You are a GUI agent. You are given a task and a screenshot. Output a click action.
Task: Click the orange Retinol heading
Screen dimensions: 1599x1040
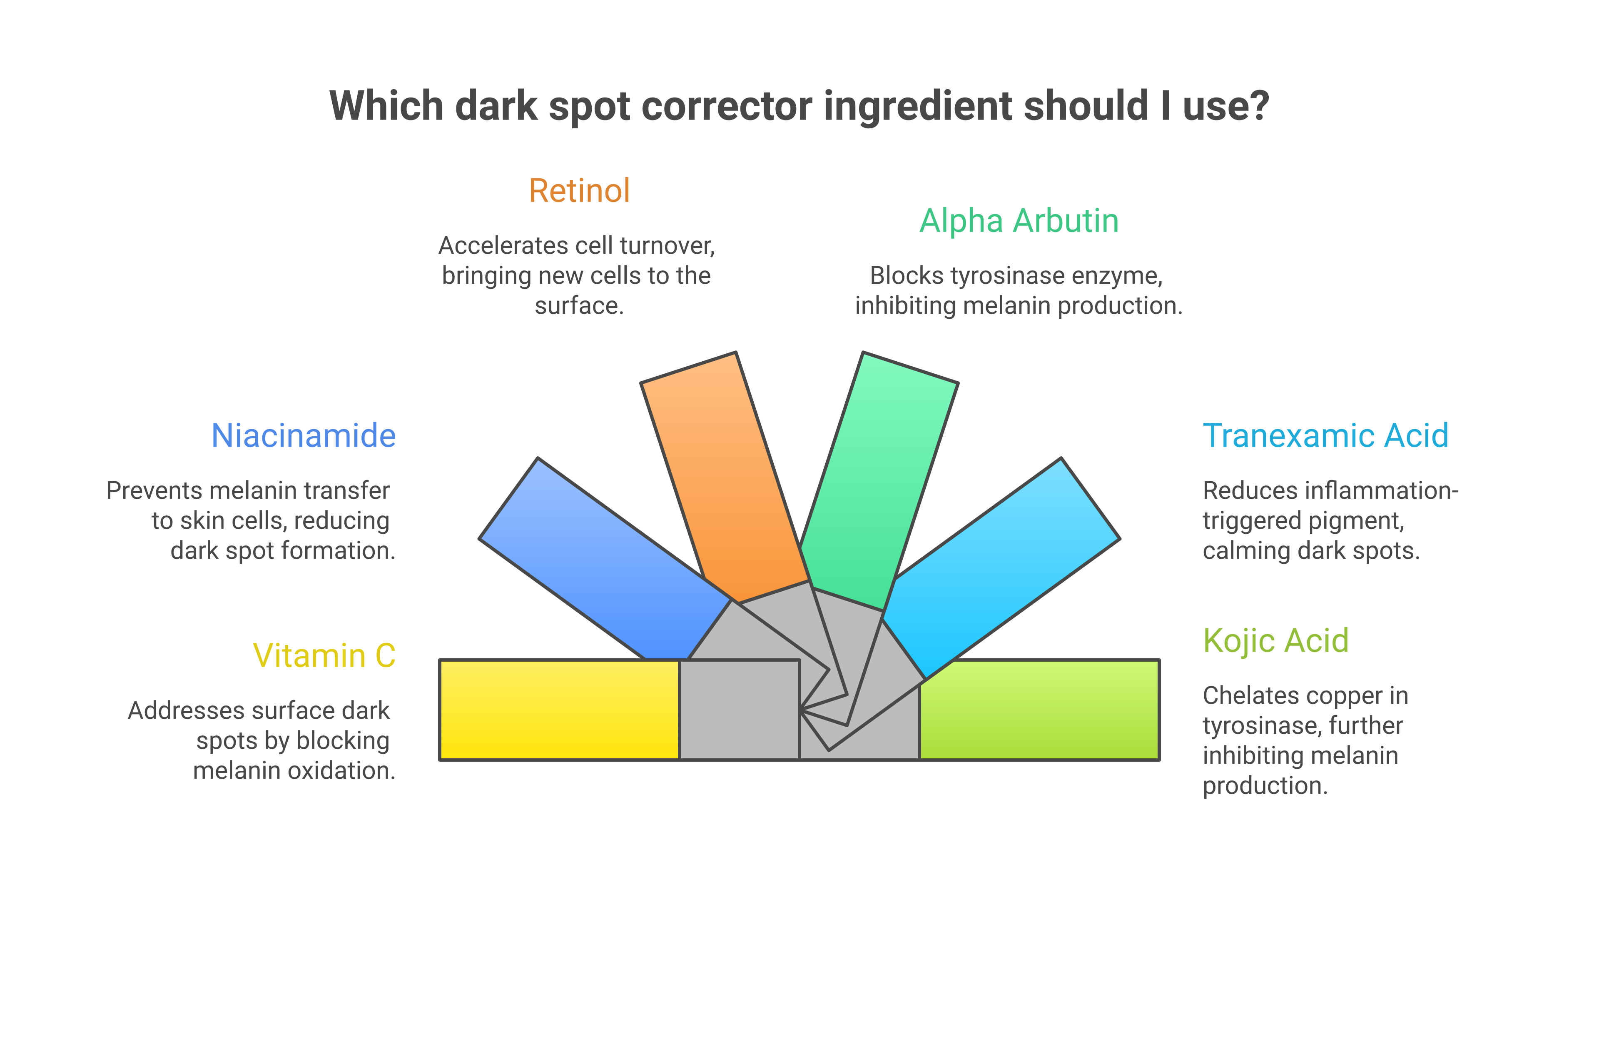coord(579,191)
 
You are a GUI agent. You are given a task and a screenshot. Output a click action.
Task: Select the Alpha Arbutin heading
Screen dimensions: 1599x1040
coord(1019,221)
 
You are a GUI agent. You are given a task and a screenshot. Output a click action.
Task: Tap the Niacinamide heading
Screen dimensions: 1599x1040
coord(303,436)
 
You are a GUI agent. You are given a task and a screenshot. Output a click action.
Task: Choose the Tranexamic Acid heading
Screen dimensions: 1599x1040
coord(1325,436)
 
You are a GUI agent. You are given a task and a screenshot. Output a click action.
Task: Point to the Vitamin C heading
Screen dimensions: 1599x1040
coord(324,655)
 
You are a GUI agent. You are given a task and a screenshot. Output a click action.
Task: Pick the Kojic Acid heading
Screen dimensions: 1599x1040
coord(1275,641)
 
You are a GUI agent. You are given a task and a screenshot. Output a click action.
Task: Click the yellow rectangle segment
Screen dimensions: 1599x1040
coord(559,710)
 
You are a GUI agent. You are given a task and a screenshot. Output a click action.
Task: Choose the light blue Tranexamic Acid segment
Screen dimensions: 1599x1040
coord(1001,558)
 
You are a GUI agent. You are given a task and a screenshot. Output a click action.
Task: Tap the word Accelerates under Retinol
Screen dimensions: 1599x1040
coord(493,246)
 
